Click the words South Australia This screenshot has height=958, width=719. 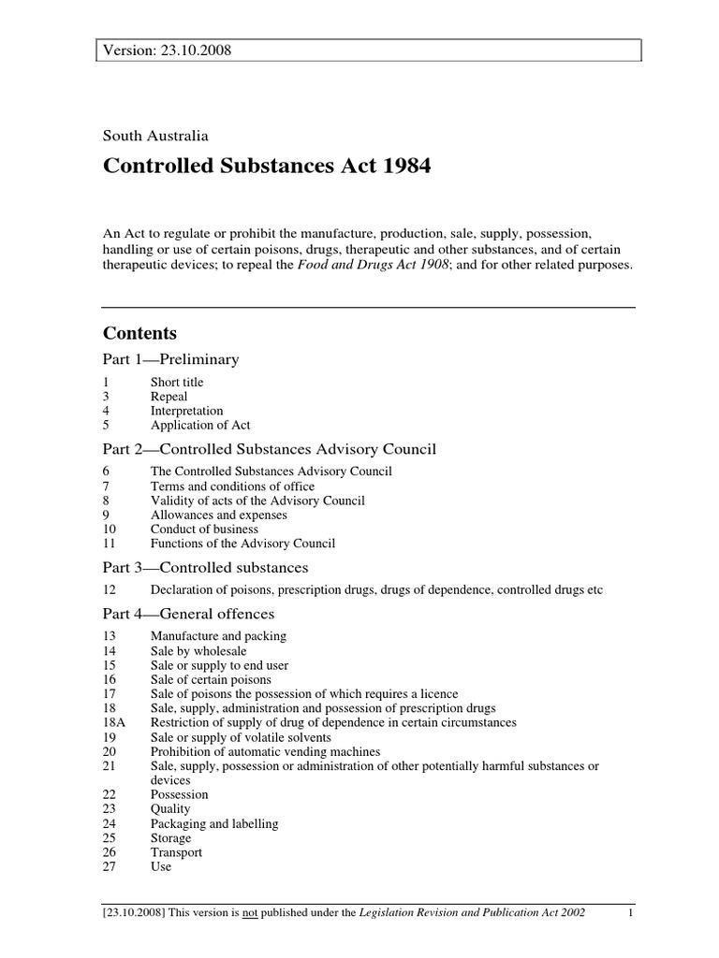pos(155,136)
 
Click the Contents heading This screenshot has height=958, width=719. pos(139,333)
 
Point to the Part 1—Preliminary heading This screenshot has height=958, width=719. pos(170,359)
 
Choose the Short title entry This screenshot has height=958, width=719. pos(177,382)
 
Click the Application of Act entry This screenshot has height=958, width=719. pos(200,425)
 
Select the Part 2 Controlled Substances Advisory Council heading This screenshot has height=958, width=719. pos(269,449)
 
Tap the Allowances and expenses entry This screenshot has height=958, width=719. pos(218,515)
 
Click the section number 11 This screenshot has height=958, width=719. pos(109,544)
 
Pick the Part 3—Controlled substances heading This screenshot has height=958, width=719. pos(205,568)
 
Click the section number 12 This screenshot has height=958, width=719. pos(109,589)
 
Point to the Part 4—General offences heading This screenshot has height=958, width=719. pos(188,614)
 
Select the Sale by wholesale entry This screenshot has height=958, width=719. pos(198,650)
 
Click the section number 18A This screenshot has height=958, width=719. pos(113,723)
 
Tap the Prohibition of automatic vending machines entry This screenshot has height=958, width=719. pos(265,751)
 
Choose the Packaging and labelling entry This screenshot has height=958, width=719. pos(214,824)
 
